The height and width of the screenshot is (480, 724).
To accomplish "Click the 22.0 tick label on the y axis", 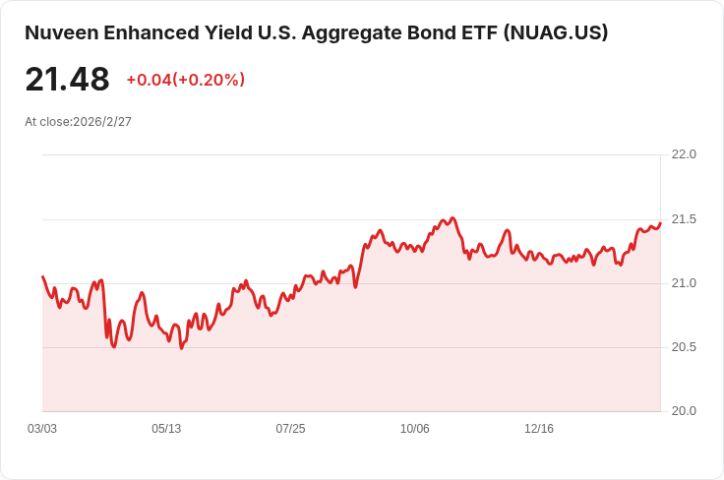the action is point(684,154).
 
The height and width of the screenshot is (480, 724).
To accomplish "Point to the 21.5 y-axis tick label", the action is point(684,219).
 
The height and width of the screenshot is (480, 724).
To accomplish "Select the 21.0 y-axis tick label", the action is point(684,283).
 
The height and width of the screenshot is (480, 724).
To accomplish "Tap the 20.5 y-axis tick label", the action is point(684,347).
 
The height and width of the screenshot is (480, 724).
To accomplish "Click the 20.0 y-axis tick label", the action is point(684,411).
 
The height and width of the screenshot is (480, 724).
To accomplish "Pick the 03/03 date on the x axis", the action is point(42,429).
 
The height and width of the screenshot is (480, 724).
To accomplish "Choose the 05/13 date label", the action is point(166,429).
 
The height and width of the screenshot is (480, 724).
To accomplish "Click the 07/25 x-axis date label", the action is point(290,429).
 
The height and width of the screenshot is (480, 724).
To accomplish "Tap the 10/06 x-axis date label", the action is point(415,429).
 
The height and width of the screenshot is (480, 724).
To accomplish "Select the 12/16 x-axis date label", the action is point(539,429).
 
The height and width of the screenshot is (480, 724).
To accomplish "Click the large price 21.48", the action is point(68,80).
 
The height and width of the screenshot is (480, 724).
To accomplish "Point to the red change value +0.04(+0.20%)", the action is point(186,80).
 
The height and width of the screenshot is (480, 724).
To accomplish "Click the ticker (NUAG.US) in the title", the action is point(556,33).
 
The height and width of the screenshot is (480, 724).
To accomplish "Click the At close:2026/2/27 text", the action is point(78,122).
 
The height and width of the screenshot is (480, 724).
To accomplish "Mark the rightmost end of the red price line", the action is point(660,223).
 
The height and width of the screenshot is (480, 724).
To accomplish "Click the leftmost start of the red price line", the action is point(43,276).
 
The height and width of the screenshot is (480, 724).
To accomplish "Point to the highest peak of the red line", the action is point(452,217).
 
